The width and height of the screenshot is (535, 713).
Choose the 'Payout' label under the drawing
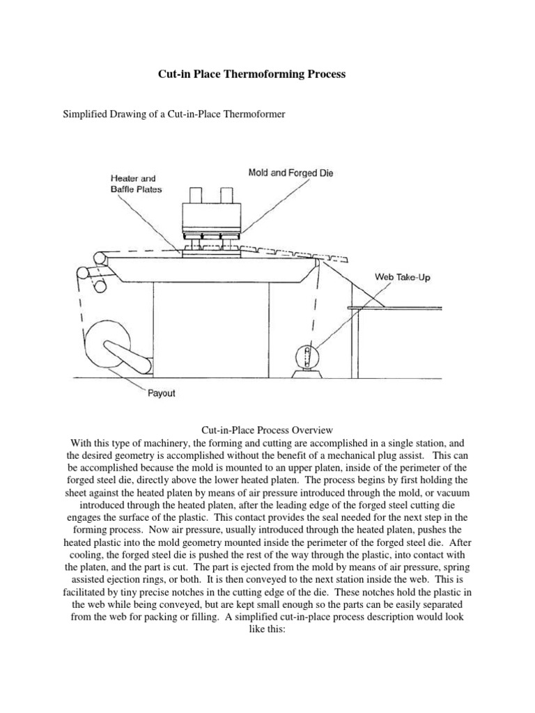[162, 393]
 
